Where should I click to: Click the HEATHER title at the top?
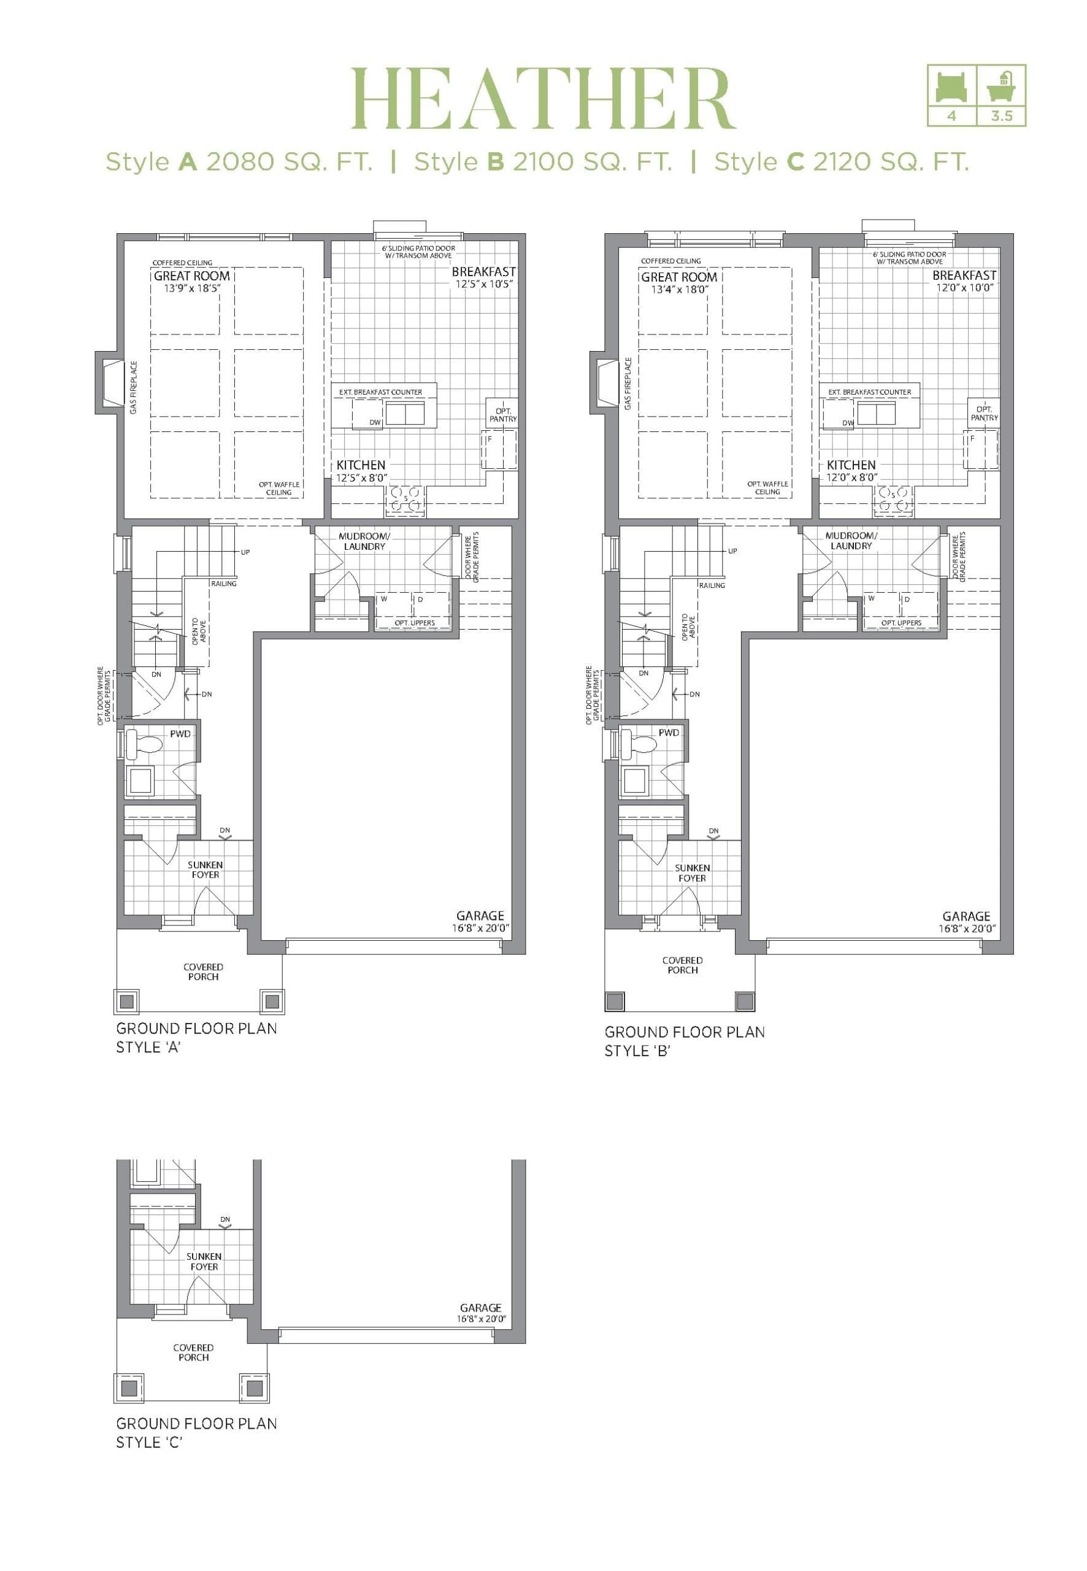coord(543,98)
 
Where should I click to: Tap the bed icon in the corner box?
coord(951,87)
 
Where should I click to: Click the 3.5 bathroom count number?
coord(1001,117)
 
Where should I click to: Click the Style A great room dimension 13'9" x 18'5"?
coord(192,288)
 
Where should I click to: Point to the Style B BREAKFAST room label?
coord(964,275)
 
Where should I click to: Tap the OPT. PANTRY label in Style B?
coord(983,414)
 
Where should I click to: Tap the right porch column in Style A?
coord(272,1001)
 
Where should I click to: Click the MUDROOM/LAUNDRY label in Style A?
coord(364,542)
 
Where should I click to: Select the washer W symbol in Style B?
coord(870,598)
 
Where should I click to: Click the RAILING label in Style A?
coord(223,584)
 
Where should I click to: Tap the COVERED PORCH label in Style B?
coord(682,965)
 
